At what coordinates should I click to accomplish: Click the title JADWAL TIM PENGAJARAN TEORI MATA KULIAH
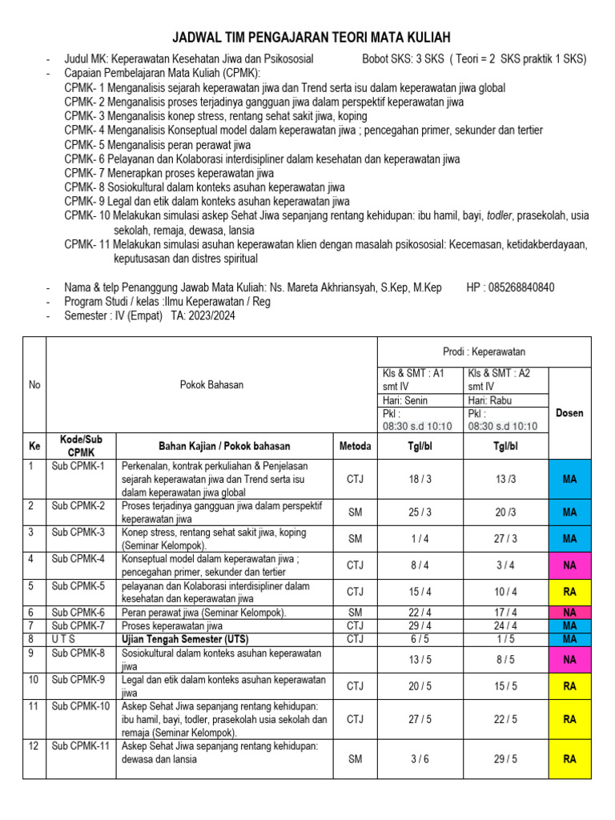(x=312, y=38)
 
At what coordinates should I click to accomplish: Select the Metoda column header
(x=355, y=446)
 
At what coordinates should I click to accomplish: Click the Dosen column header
(x=569, y=413)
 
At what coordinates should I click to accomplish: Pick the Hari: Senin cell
(x=404, y=400)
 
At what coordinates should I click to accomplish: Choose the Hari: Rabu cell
(x=491, y=400)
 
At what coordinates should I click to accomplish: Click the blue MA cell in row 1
(x=569, y=479)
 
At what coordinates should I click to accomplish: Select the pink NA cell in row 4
(x=569, y=565)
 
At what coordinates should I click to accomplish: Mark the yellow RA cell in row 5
(x=569, y=593)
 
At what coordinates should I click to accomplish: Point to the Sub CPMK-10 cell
(x=80, y=706)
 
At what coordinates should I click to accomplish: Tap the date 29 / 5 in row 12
(x=505, y=759)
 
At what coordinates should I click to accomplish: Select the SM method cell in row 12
(x=355, y=759)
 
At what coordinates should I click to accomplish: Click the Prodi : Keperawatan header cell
(x=484, y=352)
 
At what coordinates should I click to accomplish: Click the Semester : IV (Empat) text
(x=113, y=316)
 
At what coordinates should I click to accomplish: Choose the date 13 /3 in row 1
(x=505, y=479)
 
